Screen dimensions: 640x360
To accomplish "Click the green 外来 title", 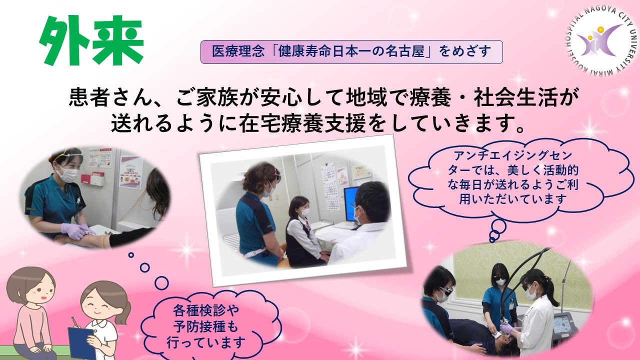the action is coord(91,40).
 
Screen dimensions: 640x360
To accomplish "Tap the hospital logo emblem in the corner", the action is coord(601,40).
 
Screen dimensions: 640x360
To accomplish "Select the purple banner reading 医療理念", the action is coord(351,51).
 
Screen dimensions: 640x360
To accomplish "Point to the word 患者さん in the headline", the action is coord(110,97).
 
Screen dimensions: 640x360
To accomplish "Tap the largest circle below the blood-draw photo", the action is coord(161,282).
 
